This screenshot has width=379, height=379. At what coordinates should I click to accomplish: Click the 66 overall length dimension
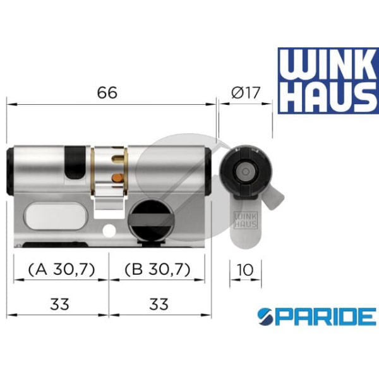pyautogui.click(x=107, y=92)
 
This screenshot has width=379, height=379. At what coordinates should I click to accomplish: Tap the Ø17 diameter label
pyautogui.click(x=243, y=92)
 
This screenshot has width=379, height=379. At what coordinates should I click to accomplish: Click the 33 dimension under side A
pyautogui.click(x=59, y=304)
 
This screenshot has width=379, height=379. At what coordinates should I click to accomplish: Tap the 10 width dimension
pyautogui.click(x=245, y=270)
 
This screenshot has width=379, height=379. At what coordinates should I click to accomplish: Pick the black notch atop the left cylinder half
pyautogui.click(x=74, y=161)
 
